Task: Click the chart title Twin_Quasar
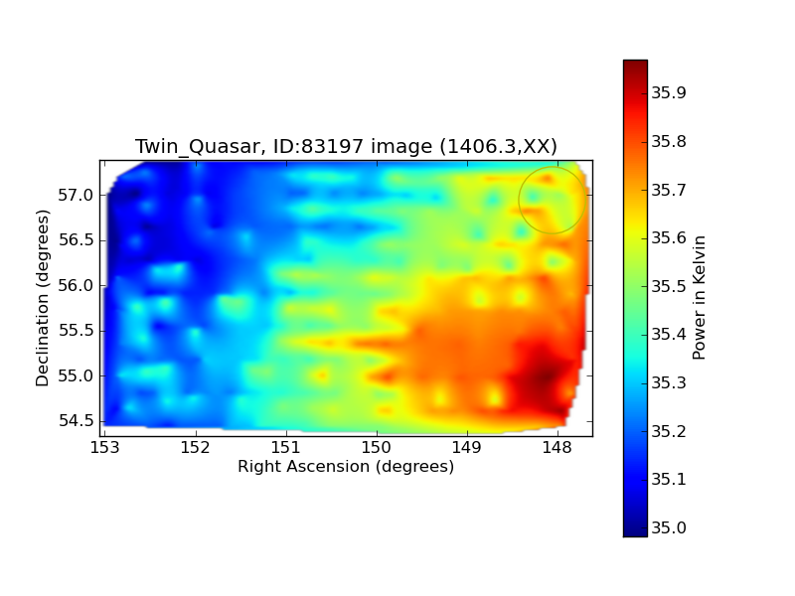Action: tap(198, 146)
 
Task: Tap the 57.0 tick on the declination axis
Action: tap(77, 195)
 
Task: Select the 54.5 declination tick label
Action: tap(77, 421)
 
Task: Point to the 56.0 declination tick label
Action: tap(77, 285)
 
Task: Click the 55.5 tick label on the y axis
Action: tap(77, 331)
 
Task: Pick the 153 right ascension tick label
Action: tap(105, 448)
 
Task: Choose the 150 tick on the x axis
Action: tap(377, 448)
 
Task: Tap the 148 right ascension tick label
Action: tap(557, 448)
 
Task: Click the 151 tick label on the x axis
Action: tap(286, 448)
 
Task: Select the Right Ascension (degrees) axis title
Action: tap(346, 467)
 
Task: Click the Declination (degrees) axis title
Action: tap(43, 298)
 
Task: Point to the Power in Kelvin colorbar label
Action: tap(699, 297)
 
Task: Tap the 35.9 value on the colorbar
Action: tap(669, 92)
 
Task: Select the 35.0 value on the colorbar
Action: tap(669, 527)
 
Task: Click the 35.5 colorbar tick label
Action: tap(669, 286)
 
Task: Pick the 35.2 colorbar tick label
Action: tap(669, 431)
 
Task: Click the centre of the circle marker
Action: tap(553, 201)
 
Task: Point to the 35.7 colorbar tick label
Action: tap(669, 190)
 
